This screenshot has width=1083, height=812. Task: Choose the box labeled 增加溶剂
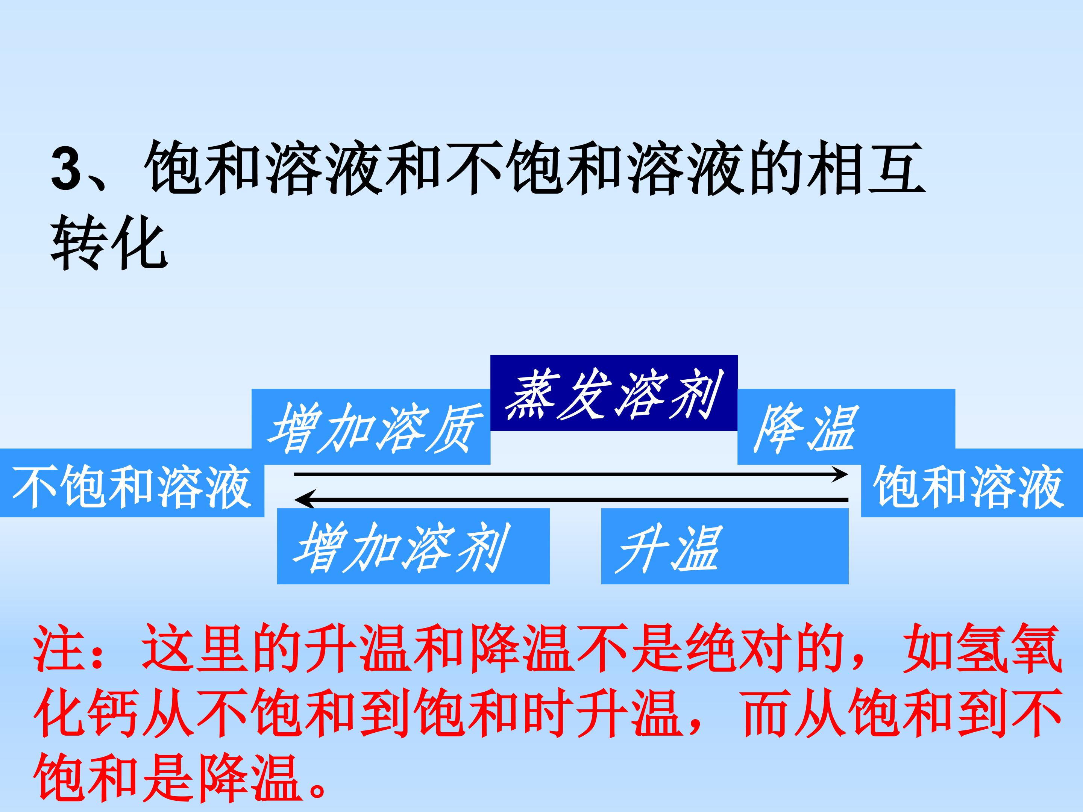pos(413,546)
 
